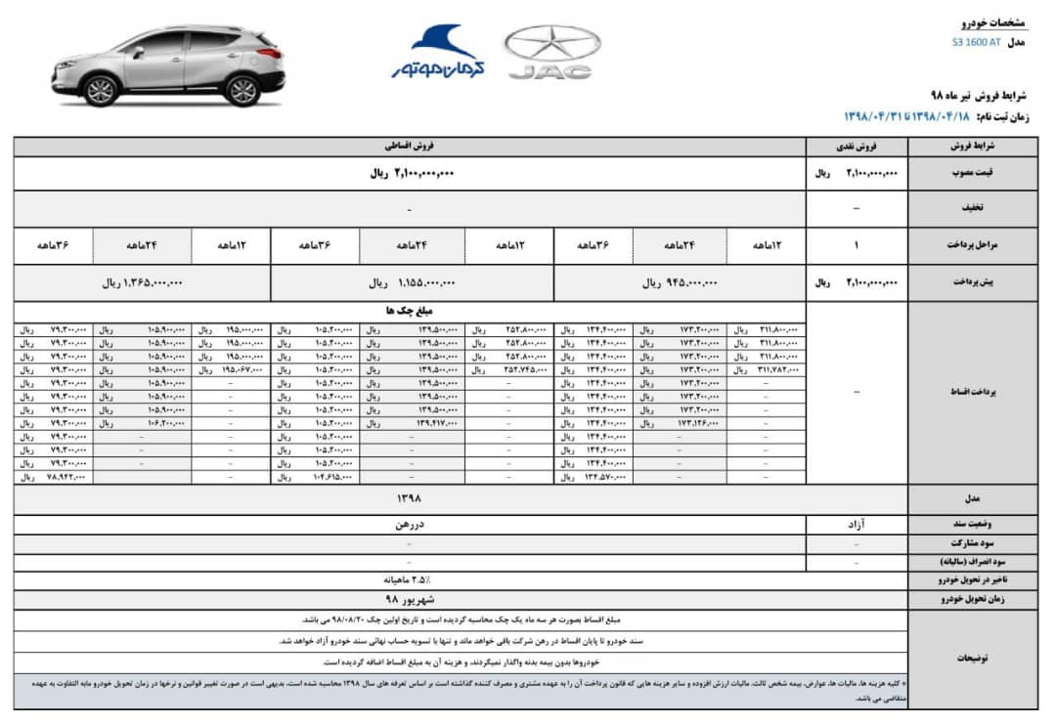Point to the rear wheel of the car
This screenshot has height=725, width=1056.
tap(242, 90)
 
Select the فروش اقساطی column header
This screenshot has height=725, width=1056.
tap(409, 147)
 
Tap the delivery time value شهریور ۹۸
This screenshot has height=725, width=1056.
tap(409, 597)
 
